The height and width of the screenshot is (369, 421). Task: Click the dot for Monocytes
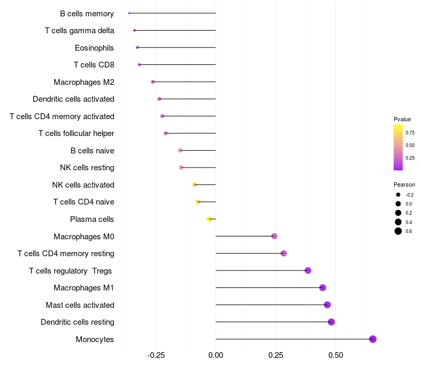(373, 339)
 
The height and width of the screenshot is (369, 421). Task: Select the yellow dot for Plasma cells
(209, 219)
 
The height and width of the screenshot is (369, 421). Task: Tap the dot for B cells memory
(129, 13)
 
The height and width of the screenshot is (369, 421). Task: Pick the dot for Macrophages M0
(274, 236)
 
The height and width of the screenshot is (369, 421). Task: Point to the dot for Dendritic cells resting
(331, 322)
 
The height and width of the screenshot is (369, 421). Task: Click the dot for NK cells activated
(195, 184)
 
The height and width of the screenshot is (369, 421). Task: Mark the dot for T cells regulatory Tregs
(308, 270)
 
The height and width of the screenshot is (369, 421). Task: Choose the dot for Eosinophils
(137, 47)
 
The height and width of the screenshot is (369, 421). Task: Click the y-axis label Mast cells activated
(80, 305)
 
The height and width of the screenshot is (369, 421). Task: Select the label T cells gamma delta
(79, 31)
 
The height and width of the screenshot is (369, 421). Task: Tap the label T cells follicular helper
(76, 133)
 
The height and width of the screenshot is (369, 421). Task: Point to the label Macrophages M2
(84, 82)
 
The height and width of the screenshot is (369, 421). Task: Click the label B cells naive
(92, 151)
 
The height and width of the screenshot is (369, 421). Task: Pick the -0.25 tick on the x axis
(156, 355)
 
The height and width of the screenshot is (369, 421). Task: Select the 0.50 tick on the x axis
(335, 355)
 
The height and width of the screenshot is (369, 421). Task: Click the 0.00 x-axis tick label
(216, 355)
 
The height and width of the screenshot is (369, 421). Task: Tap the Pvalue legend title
(402, 119)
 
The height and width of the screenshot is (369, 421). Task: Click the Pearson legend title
(404, 184)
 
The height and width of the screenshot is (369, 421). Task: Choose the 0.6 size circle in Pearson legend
(398, 231)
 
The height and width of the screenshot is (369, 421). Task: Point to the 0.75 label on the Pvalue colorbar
(410, 132)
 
